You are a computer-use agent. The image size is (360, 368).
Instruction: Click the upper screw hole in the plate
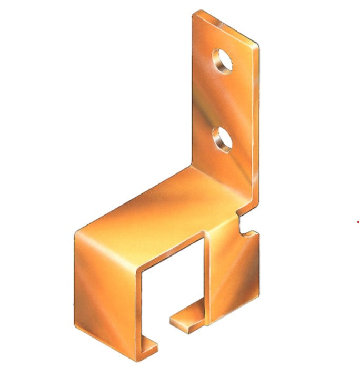(223, 60)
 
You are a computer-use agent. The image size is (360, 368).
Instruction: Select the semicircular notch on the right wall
(243, 227)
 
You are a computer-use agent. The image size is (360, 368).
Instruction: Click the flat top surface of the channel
(158, 210)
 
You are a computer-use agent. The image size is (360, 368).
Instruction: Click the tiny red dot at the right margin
(358, 222)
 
